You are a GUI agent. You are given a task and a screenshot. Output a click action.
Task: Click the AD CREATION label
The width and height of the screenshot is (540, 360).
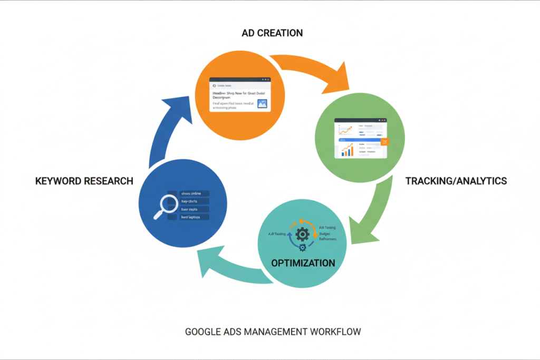(272, 33)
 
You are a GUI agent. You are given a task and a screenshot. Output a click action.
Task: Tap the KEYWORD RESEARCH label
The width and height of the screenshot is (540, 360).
(84, 181)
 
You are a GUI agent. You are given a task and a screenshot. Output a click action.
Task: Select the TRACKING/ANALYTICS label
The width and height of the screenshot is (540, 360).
(456, 181)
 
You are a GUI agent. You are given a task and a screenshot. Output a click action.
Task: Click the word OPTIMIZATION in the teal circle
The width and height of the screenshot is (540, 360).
(303, 262)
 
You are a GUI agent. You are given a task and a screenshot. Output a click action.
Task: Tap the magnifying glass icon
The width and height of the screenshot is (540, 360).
(166, 206)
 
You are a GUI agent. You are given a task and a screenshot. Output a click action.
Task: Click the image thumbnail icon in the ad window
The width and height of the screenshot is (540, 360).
(262, 104)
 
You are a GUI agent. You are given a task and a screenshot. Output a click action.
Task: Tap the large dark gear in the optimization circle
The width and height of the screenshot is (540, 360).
(302, 233)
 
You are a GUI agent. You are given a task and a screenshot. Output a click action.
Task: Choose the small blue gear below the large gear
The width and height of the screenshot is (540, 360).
(302, 247)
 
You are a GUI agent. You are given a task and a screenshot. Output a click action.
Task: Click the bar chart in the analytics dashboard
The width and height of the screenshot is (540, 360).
(347, 151)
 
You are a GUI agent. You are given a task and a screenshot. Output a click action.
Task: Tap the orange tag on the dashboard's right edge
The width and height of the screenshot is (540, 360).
(384, 143)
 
